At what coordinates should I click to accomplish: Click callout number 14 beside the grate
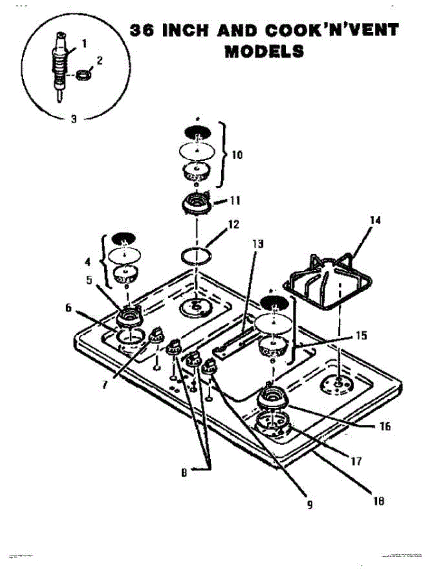pyautogui.click(x=375, y=221)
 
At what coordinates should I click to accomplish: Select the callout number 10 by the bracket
pyautogui.click(x=237, y=155)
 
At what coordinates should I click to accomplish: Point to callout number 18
pyautogui.click(x=378, y=501)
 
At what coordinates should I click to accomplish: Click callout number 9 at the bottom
pyautogui.click(x=309, y=505)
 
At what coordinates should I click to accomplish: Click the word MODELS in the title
pyautogui.click(x=264, y=51)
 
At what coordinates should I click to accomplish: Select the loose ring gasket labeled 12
pyautogui.click(x=197, y=257)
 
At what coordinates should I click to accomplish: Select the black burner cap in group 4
pyautogui.click(x=124, y=237)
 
